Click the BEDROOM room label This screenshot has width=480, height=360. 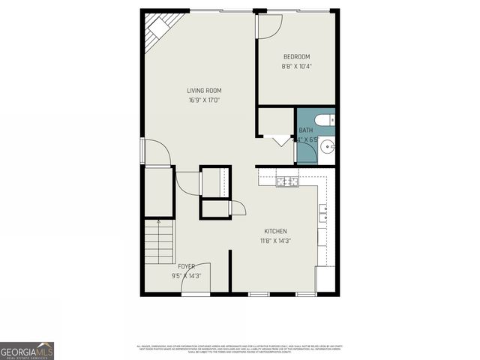296,57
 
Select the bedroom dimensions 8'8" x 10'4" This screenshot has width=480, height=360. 296,66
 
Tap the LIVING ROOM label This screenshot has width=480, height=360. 204,91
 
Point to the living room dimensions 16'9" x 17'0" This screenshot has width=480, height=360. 204,100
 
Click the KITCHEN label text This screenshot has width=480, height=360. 275,231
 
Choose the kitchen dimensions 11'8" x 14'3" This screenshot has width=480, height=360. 275,241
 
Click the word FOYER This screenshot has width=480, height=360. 186,266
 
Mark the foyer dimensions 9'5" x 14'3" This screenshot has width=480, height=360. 186,275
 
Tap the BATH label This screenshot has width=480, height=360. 306,130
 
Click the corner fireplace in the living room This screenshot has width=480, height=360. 156,31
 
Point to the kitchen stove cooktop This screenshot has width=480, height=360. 287,181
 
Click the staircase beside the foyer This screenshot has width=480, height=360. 158,244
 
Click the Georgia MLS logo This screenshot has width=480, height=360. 27,350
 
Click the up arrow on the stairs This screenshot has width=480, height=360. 158,221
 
